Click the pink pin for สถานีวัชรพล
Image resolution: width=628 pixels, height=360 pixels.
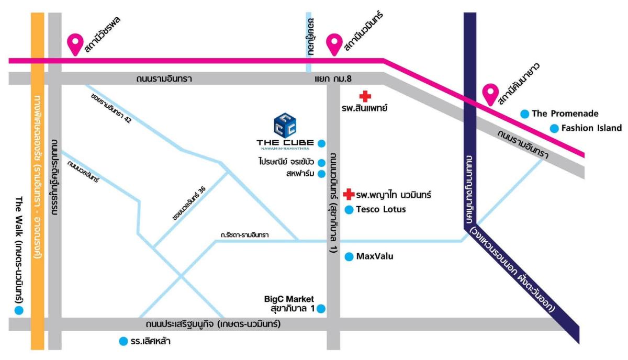pos(75,44)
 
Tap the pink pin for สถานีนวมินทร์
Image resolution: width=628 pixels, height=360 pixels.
pos(334,44)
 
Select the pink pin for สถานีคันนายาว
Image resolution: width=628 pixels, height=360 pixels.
pos(490,94)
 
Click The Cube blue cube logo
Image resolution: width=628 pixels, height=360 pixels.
pos(285,126)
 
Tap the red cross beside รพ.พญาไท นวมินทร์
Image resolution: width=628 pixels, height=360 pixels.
pos(349,194)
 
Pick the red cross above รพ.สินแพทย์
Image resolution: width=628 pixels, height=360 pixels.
pos(365,96)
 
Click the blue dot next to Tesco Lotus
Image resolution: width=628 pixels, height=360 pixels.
pos(349,210)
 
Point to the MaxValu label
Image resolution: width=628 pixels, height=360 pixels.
pos(375,256)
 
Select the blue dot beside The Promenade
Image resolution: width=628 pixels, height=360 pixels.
pos(525,114)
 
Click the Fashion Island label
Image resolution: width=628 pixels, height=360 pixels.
pos(591,128)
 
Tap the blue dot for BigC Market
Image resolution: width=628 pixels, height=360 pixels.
pos(321,309)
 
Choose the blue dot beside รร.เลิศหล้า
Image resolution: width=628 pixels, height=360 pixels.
pos(124,341)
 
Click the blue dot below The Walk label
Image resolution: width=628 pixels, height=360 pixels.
pos(19,310)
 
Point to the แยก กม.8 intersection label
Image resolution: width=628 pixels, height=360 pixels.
pos(333,79)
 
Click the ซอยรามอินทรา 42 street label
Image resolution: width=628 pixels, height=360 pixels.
pos(111,108)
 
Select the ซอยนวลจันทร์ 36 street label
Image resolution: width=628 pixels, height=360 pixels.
pos(189,203)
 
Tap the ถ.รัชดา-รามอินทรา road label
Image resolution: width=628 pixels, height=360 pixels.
pos(244,234)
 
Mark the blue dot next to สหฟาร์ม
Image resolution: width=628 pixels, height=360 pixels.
pos(321,174)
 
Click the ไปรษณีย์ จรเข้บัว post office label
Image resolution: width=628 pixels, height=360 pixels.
pos(286,162)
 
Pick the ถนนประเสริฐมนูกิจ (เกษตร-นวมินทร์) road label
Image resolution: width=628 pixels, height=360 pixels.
pos(213,324)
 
